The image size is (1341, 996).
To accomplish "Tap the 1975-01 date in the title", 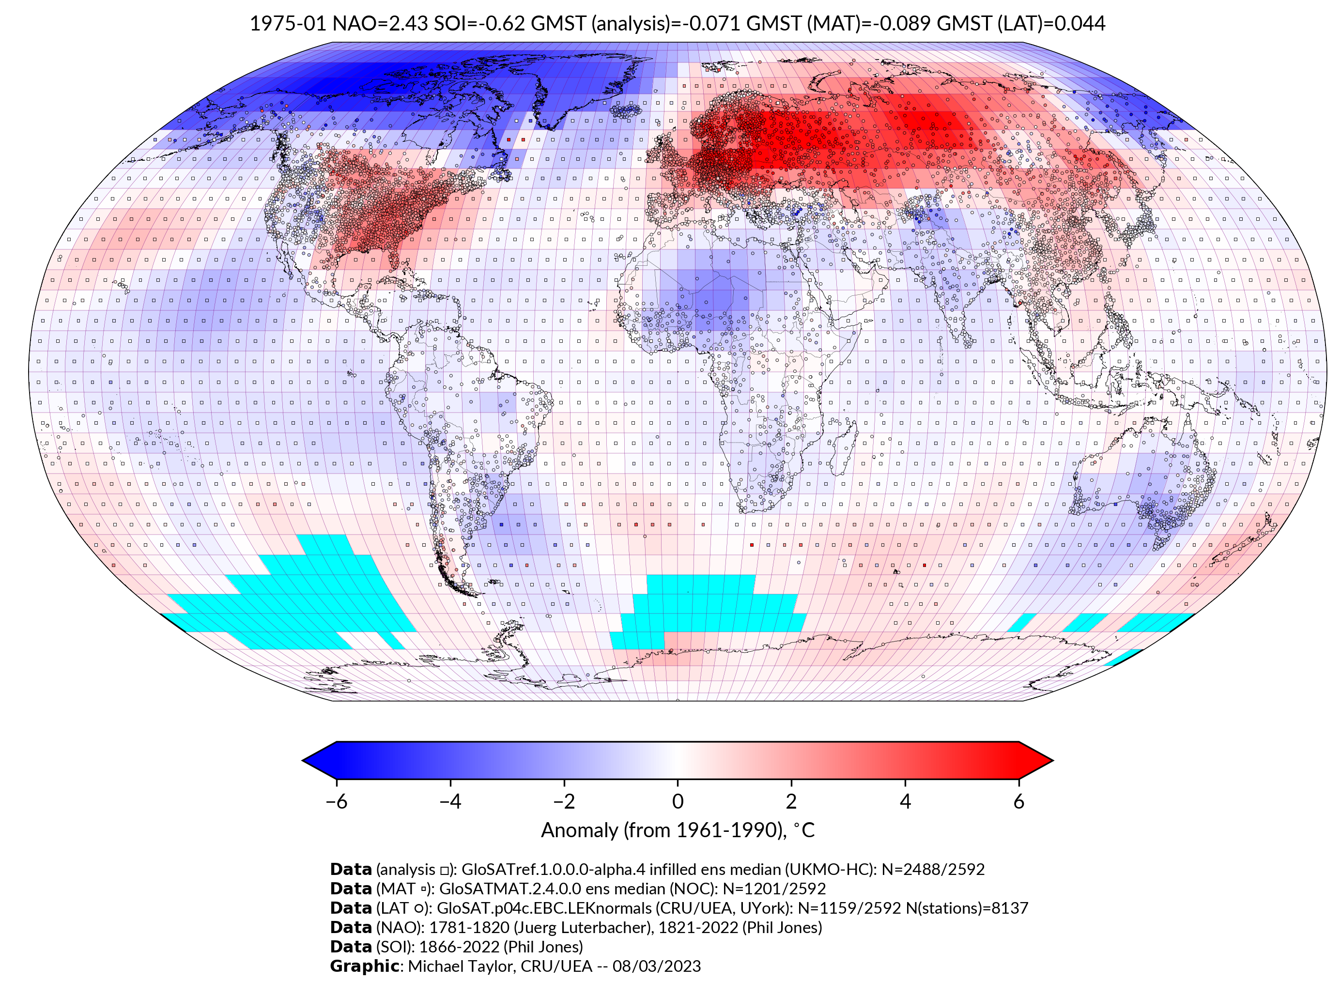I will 288,24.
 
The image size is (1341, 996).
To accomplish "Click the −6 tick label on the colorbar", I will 336,801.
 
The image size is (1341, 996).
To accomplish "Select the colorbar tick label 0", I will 678,801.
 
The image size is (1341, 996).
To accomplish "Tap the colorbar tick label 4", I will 905,801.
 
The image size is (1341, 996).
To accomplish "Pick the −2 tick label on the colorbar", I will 564,801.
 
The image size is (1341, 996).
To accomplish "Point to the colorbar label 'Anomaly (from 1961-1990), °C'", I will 678,830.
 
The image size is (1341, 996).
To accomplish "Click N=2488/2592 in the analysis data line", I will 933,870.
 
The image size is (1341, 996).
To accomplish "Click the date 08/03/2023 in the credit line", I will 657,966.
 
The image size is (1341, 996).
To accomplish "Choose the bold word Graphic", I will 364,966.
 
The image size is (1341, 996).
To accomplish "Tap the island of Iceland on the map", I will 627,110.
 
